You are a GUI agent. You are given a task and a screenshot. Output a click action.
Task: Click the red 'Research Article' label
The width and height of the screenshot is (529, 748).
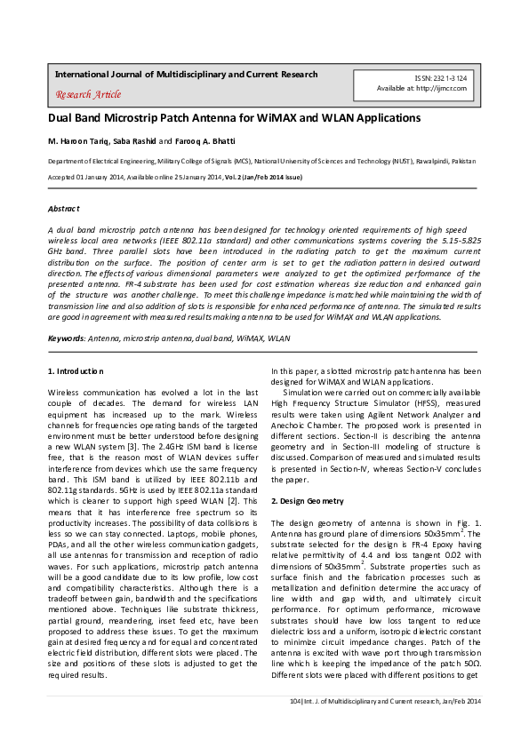[x=89, y=95]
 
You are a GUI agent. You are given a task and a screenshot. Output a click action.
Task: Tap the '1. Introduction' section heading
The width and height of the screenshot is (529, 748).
[x=76, y=370]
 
